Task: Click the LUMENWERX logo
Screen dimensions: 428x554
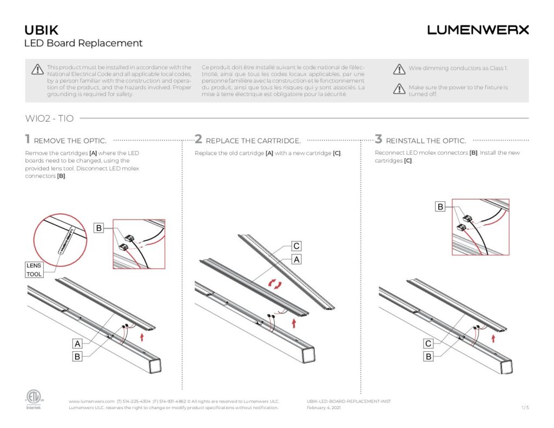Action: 478,30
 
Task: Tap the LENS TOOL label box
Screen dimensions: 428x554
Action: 34,270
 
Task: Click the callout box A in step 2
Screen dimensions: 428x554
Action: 296,260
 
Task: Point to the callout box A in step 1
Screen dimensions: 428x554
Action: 77,344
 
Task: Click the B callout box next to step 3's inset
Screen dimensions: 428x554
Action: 440,207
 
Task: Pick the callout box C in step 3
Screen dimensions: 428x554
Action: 428,344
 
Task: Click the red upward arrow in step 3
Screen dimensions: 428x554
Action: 493,338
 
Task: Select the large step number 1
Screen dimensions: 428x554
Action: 28,140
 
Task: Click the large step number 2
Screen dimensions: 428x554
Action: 199,140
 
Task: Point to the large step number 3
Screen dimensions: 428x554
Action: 379,140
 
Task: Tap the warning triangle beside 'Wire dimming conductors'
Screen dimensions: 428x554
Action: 399,69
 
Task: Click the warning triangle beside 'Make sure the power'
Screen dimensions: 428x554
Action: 399,89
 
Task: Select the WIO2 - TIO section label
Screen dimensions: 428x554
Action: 49,118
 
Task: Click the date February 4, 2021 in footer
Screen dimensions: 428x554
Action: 324,408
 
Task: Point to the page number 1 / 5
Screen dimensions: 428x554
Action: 524,407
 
